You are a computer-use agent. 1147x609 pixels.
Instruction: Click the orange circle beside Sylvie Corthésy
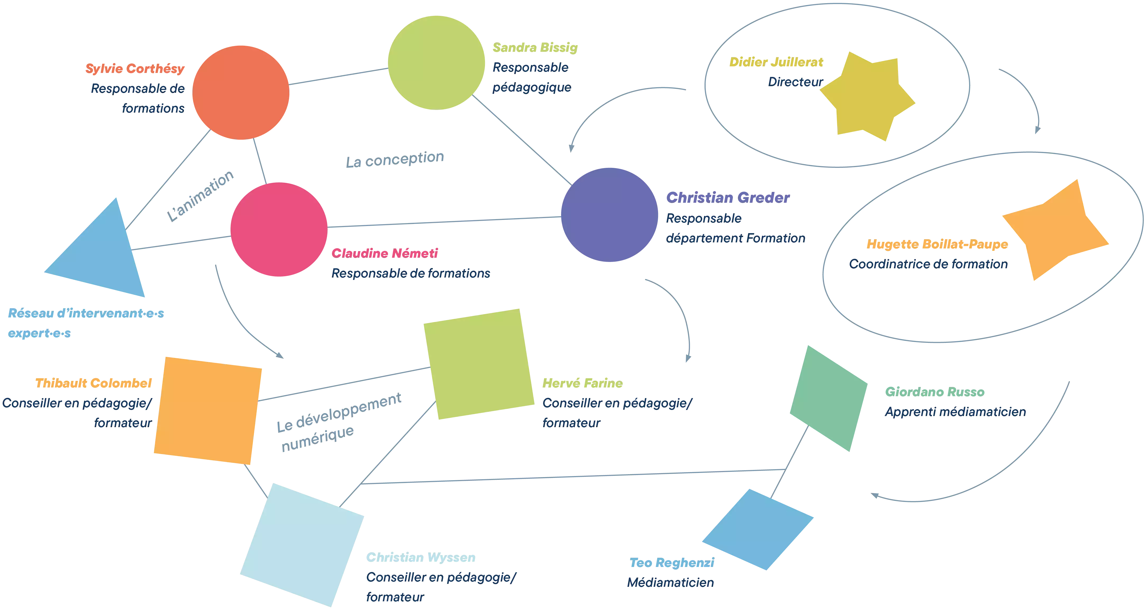(x=240, y=93)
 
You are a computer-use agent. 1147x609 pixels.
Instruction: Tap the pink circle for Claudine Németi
(x=279, y=229)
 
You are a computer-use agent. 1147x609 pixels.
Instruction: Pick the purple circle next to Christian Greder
(x=609, y=215)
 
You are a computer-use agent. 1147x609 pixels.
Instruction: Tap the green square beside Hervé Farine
(x=479, y=364)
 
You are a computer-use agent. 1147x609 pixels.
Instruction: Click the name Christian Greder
(x=728, y=197)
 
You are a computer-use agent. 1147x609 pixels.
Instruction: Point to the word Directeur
(x=795, y=82)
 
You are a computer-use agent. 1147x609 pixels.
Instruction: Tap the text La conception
(x=395, y=159)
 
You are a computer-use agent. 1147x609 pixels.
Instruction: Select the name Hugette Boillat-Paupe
(x=937, y=244)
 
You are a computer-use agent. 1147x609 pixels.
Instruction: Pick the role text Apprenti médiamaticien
(x=955, y=412)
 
